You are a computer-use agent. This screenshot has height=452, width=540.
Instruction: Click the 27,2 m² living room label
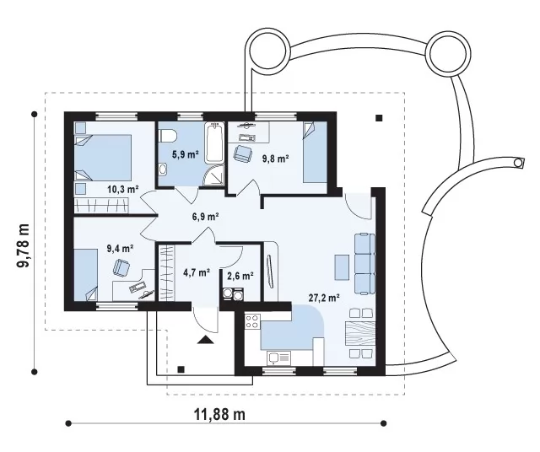324,298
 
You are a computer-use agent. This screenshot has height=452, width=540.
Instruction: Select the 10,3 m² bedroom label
123,189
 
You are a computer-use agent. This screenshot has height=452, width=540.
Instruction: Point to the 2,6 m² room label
240,276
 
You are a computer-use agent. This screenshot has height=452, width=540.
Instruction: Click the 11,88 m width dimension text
220,415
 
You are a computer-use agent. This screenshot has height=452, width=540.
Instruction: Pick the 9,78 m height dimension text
23,245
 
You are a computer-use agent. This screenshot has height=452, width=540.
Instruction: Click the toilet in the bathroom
167,135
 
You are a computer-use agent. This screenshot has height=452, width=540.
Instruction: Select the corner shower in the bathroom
213,176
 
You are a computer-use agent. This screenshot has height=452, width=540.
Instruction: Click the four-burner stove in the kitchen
252,321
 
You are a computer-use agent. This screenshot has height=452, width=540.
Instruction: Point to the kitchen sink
278,358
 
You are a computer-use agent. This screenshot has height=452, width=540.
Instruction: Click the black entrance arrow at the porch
206,339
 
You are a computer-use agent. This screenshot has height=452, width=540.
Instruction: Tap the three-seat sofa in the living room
364,264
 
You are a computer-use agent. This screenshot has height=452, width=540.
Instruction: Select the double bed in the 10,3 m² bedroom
103,158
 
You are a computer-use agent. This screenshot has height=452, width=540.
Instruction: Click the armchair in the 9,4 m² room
121,266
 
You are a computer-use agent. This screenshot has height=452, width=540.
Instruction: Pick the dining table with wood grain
360,333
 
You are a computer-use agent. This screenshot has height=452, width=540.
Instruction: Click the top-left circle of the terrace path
267,48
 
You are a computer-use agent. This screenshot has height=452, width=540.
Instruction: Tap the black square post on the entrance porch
181,369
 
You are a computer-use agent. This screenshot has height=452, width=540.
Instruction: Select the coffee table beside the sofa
341,266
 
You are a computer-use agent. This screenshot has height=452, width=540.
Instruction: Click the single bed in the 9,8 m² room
315,153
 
